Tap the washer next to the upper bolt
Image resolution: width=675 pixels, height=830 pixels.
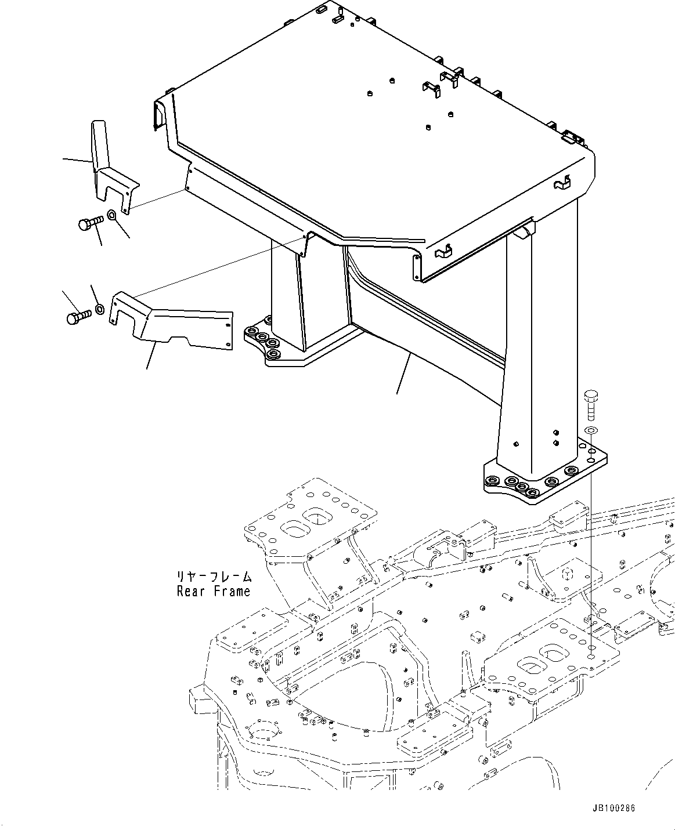coord(113,216)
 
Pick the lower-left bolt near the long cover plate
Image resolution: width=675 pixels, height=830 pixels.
coord(78,317)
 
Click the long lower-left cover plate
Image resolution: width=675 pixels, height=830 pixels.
coord(174,328)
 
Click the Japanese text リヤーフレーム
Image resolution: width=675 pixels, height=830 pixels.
coord(214,577)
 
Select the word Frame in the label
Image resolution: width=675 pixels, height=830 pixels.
coord(232,592)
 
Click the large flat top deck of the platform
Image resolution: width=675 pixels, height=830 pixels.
coord(371,128)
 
